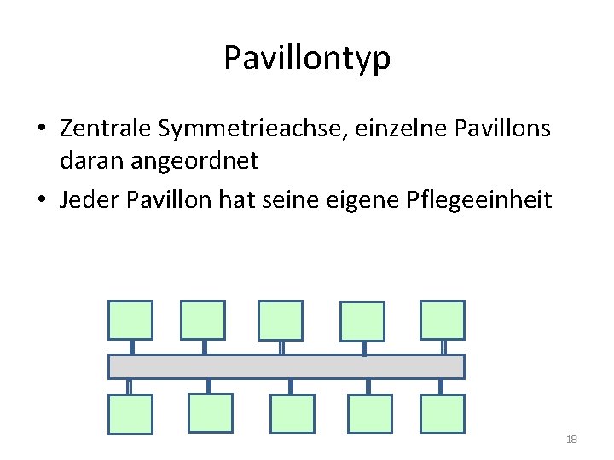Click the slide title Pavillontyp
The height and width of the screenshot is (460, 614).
tap(307, 58)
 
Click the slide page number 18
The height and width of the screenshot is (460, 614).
tap(571, 439)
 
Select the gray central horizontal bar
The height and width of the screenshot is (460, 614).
tap(286, 366)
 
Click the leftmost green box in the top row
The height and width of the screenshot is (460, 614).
tap(130, 320)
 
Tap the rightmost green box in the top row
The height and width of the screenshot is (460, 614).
tap(443, 320)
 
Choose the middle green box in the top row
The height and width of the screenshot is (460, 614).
tap(281, 320)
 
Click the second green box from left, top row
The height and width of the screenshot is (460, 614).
tap(203, 320)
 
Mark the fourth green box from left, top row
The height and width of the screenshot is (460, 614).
tap(362, 322)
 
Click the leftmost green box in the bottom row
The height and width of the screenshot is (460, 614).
tap(130, 414)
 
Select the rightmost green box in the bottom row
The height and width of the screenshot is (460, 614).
tap(442, 413)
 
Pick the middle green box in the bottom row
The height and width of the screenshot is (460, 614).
tap(292, 414)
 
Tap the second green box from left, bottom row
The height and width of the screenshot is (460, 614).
tap(210, 413)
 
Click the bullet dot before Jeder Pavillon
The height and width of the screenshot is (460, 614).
tap(42, 201)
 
